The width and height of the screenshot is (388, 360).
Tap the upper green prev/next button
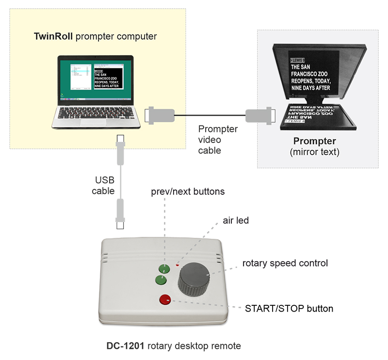coord(163,268)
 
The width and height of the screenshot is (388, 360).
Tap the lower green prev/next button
coord(161,279)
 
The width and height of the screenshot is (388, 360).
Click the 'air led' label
coord(236,220)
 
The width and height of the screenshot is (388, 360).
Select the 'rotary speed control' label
coord(285,264)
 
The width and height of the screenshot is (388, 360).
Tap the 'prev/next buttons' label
coord(188,191)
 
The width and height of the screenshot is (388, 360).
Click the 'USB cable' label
coord(105,186)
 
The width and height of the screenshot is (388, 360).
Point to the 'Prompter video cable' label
coord(218,140)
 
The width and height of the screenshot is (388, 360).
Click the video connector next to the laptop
coord(160,115)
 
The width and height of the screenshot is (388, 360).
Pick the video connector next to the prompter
coord(260,116)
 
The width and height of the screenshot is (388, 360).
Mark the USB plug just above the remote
coord(120,213)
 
